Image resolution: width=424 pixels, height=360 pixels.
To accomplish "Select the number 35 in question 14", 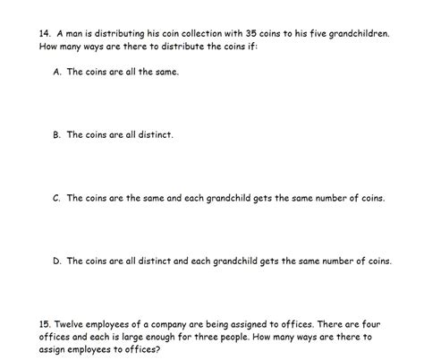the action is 233,32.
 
